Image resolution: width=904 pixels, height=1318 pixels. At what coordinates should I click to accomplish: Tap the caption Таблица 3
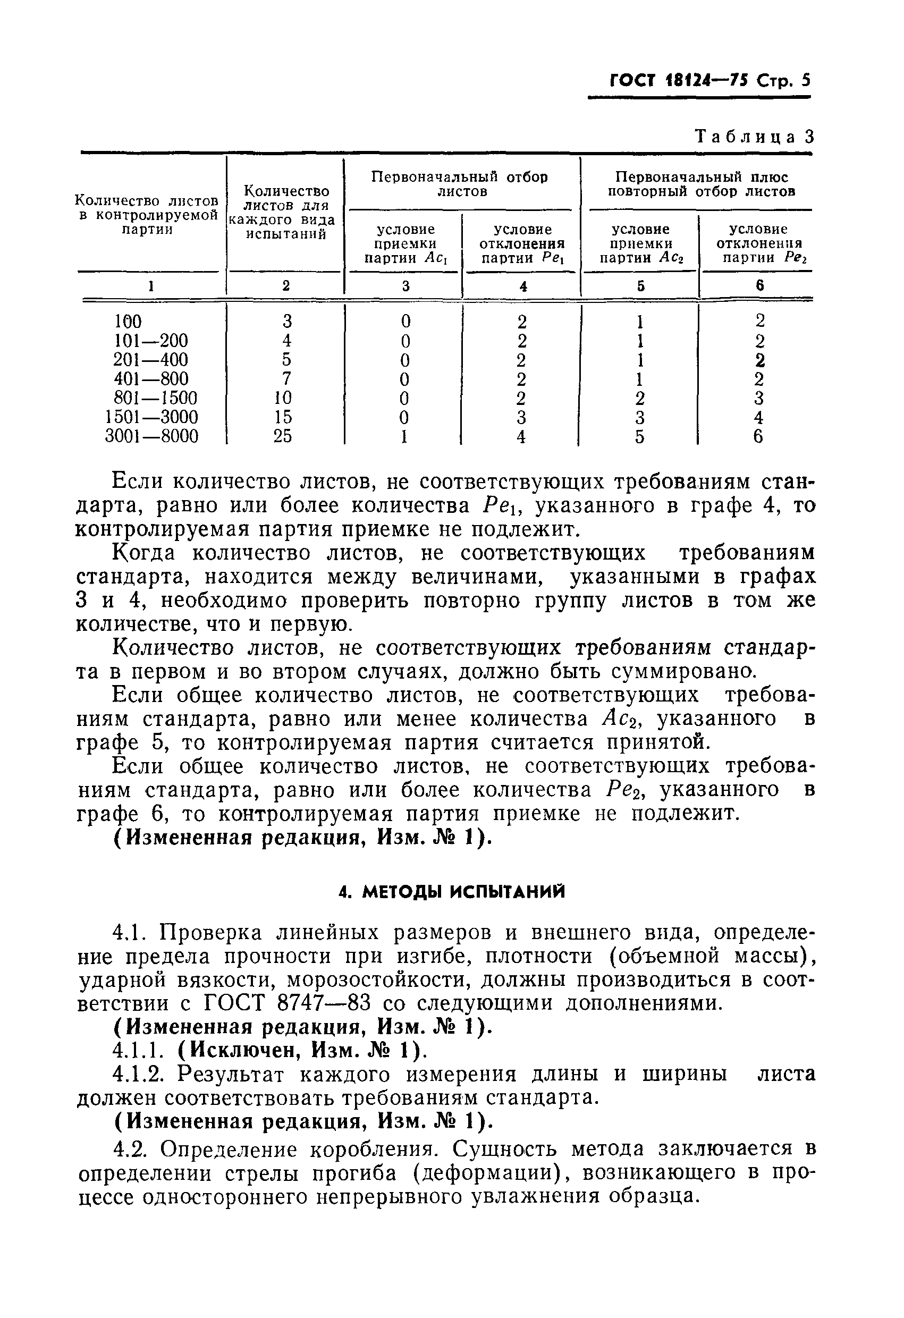tap(754, 137)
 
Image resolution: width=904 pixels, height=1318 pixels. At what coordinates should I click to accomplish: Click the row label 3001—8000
tap(152, 436)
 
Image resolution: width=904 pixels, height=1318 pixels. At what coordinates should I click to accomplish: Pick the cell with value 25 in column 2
tap(282, 436)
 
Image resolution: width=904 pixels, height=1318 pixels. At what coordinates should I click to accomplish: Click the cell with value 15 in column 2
tap(282, 417)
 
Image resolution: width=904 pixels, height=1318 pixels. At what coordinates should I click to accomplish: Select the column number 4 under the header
tap(522, 286)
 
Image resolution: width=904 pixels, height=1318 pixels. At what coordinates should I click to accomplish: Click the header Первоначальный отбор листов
tap(459, 184)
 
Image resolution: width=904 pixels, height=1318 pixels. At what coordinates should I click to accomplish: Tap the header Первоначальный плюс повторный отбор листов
tap(701, 184)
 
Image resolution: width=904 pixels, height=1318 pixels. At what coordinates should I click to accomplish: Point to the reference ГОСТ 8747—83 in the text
tap(286, 1004)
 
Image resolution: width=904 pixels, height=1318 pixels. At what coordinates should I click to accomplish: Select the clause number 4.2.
tap(130, 1148)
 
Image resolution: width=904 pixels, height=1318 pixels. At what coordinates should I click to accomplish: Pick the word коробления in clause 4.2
tap(375, 1148)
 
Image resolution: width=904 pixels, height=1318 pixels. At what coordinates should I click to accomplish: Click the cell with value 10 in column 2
tap(282, 398)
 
